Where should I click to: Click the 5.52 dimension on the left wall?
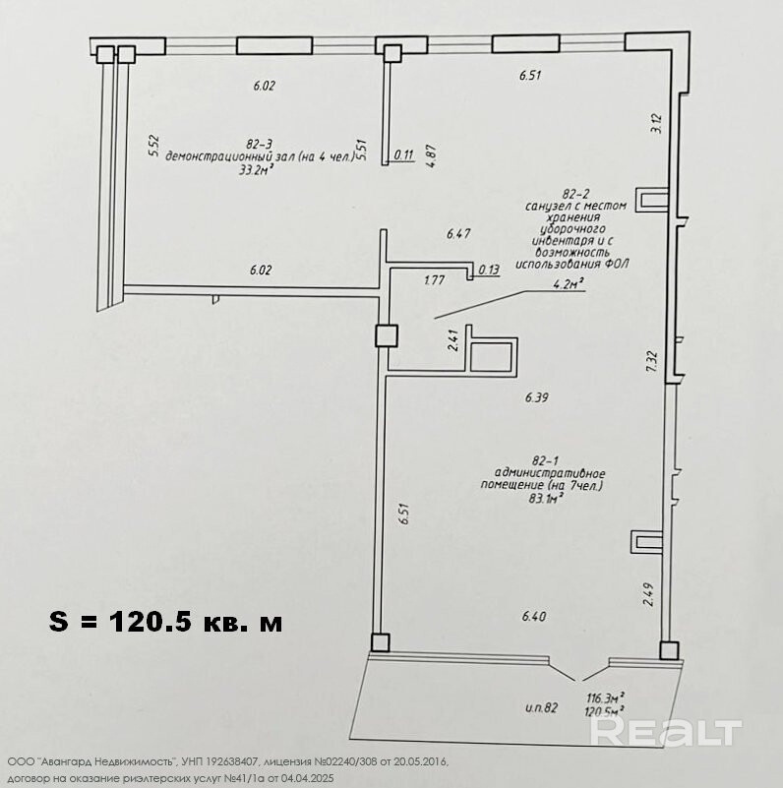point(154,146)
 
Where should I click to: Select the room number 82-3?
point(260,145)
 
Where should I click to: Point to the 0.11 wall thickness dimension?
point(403,155)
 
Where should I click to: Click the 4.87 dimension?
point(431,155)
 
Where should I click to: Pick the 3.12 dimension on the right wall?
point(656,124)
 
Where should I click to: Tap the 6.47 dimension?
point(458,234)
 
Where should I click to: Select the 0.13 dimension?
point(489,270)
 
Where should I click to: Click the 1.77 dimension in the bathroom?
point(434,280)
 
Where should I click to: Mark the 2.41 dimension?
point(453,340)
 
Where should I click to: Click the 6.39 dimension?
point(537,398)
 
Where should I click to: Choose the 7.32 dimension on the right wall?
point(652,361)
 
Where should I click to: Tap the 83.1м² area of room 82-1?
point(545,499)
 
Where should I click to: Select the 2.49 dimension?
point(648,594)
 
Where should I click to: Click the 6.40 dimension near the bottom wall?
point(534,616)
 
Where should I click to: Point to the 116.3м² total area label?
point(606,698)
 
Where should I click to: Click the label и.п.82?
point(542,708)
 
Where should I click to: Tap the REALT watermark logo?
point(666,732)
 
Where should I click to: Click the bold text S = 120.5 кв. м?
point(166,622)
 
